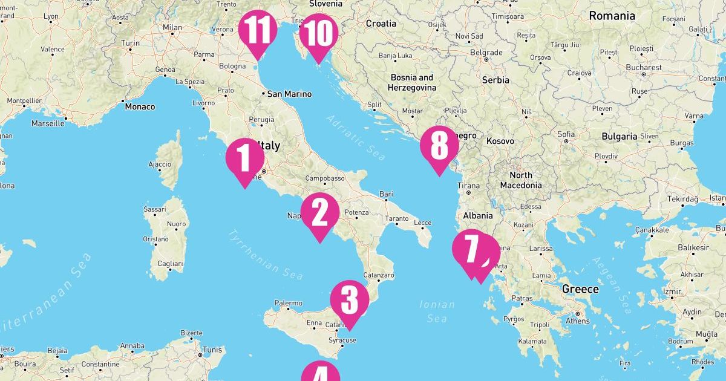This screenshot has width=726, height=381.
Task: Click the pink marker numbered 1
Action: [x=245, y=158]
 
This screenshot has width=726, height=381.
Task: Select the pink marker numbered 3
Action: [x=350, y=301]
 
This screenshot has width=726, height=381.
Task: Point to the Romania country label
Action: [x=612, y=16]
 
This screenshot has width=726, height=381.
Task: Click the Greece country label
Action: [x=580, y=289]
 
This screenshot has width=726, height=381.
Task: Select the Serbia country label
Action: [x=495, y=80]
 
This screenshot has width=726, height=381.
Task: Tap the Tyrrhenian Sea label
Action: [x=266, y=255]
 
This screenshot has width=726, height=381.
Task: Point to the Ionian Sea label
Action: [x=437, y=311]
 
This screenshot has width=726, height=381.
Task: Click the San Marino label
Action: [x=289, y=94]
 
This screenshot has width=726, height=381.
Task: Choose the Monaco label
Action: [x=140, y=106]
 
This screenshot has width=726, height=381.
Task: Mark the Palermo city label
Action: [x=288, y=303]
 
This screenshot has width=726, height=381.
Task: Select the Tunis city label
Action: [x=212, y=350]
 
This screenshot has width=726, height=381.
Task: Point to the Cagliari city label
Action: [x=170, y=264]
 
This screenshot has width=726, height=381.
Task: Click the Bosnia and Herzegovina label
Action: [x=412, y=82]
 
